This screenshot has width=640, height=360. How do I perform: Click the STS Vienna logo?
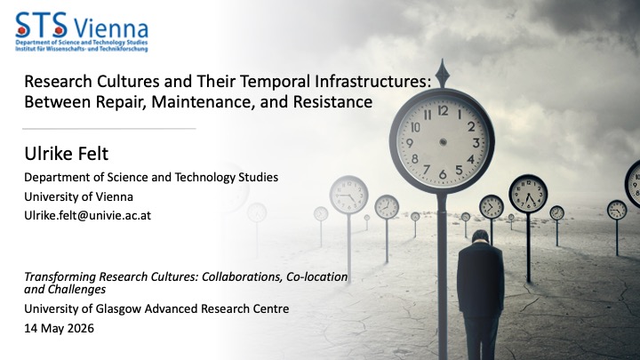[82, 32]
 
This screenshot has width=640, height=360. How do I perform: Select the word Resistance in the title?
[332, 101]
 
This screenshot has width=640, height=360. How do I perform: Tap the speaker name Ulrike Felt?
[66, 154]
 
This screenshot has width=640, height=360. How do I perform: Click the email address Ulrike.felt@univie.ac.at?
[87, 215]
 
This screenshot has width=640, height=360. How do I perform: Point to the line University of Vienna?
[78, 196]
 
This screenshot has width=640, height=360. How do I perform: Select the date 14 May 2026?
[59, 328]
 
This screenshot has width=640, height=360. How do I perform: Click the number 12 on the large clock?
[443, 110]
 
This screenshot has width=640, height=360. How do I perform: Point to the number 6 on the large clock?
[443, 174]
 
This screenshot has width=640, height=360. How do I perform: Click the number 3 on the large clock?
[476, 143]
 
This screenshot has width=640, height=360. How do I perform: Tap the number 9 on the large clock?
[410, 143]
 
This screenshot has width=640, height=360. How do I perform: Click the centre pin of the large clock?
[443, 142]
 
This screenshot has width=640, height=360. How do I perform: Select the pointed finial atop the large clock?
[443, 73]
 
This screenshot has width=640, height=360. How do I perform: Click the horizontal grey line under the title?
[109, 129]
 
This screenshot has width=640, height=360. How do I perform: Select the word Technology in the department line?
[205, 178]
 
